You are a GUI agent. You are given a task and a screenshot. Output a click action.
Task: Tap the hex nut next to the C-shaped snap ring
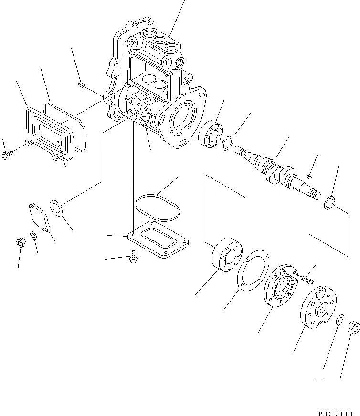353,328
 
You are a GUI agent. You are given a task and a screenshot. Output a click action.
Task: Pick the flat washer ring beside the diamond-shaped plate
57,209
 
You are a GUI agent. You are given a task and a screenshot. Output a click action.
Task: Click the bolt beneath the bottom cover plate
133,258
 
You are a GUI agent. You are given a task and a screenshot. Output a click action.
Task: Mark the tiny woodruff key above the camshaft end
310,177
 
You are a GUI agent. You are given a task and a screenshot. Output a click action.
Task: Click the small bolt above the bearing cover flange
307,276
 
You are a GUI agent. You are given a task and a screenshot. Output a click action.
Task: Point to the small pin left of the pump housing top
81,85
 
